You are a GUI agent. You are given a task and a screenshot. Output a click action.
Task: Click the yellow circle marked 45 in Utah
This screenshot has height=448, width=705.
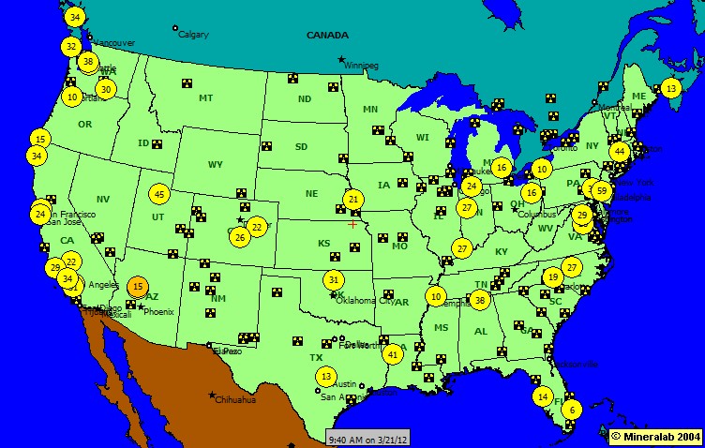(x=158, y=194)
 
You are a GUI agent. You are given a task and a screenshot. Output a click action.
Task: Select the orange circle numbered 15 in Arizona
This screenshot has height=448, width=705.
(x=138, y=287)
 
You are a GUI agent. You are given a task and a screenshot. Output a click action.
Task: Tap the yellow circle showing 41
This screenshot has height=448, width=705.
(x=393, y=354)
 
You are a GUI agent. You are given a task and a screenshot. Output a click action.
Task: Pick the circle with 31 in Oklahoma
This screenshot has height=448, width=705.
(x=334, y=279)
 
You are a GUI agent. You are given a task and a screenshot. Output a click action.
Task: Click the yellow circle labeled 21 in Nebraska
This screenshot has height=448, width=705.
(x=352, y=199)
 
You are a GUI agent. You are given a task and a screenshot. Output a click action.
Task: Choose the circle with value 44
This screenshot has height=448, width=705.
(x=619, y=151)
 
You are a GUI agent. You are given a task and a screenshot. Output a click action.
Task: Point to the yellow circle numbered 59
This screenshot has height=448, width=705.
(x=603, y=190)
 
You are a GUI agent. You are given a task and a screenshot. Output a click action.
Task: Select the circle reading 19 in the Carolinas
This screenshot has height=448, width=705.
(x=553, y=276)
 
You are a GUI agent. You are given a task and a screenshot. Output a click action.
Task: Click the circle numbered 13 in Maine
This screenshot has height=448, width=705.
(x=670, y=88)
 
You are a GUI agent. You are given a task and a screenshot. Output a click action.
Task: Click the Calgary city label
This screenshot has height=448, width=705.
(x=192, y=35)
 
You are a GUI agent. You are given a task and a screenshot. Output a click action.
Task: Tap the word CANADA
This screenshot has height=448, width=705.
(x=326, y=35)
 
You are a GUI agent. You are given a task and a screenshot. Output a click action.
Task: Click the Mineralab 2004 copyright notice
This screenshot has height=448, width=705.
(x=655, y=437)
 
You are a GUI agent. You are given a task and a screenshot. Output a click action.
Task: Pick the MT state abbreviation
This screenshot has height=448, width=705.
(x=206, y=97)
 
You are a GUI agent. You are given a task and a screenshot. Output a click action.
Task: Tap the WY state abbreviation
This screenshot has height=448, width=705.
(x=216, y=165)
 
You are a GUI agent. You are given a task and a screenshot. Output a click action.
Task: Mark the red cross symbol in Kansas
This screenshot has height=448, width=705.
(x=352, y=224)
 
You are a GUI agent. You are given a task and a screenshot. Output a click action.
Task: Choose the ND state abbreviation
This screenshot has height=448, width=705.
(x=305, y=99)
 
